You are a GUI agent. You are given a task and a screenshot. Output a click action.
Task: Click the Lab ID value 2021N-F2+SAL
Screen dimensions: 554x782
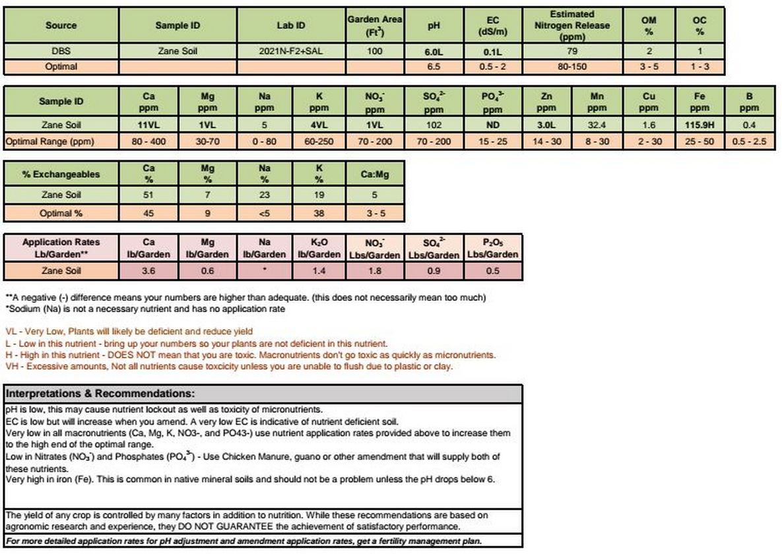pyautogui.click(x=291, y=51)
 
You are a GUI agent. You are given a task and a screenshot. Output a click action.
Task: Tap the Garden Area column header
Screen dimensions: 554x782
pyautogui.click(x=375, y=25)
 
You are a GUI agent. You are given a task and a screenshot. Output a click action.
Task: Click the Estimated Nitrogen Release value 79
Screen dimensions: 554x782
pyautogui.click(x=572, y=51)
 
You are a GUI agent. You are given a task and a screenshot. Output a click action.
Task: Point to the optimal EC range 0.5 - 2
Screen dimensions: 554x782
pyautogui.click(x=492, y=67)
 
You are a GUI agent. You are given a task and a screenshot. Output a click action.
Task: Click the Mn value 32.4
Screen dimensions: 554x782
pyautogui.click(x=597, y=125)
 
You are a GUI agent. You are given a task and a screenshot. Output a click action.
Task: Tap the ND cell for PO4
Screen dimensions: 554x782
pyautogui.click(x=492, y=125)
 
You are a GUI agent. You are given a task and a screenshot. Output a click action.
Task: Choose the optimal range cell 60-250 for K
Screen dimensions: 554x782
pyautogui.click(x=319, y=141)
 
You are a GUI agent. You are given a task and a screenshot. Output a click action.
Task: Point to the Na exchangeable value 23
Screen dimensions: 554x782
pyautogui.click(x=264, y=196)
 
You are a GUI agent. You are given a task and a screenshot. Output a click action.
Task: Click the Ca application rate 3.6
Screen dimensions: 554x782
pyautogui.click(x=149, y=270)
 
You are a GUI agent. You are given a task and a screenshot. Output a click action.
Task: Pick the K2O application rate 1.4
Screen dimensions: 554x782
pyautogui.click(x=319, y=270)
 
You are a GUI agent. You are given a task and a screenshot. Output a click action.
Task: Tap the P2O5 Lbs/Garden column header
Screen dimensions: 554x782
pyautogui.click(x=492, y=248)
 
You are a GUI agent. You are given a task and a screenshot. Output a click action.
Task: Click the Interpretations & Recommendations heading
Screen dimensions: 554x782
pyautogui.click(x=100, y=394)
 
